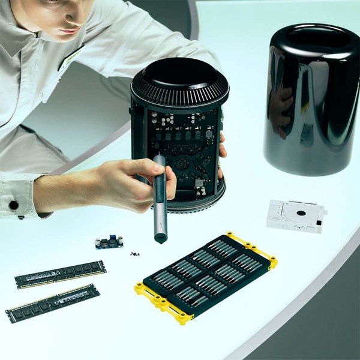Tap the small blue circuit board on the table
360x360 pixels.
tap(109, 242)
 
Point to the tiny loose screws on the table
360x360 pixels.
tap(135, 254)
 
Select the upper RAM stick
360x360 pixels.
tap(61, 274)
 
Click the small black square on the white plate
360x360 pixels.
tap(319, 223)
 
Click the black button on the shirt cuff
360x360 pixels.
tap(13, 205)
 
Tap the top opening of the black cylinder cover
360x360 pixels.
tap(313, 39)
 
